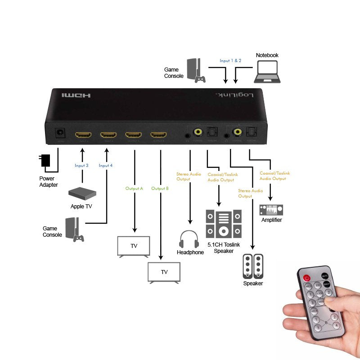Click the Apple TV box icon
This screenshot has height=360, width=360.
[x=82, y=193]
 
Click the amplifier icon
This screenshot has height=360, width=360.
[x=271, y=210]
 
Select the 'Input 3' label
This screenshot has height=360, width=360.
[x=81, y=166]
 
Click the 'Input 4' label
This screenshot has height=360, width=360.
[x=106, y=166]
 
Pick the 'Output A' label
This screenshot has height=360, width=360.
[x=135, y=188]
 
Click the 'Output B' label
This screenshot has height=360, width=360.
[x=160, y=188]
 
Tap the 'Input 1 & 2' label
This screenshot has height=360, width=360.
[x=230, y=60]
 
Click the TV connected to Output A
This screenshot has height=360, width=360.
[x=134, y=246]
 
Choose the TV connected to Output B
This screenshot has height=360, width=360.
[x=164, y=272]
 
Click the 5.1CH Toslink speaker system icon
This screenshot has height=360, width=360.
[x=224, y=224]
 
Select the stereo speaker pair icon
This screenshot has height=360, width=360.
[x=253, y=267]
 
